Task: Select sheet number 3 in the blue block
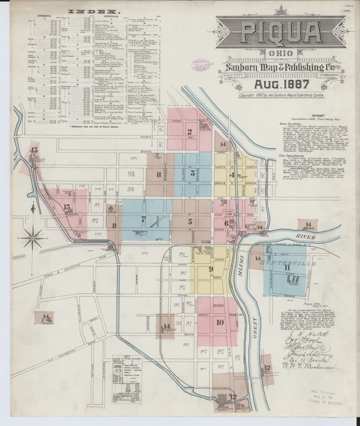(x=192, y=173)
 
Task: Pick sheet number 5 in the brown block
(x=190, y=222)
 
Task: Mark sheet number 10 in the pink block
(x=219, y=322)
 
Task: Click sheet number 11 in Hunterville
(x=287, y=268)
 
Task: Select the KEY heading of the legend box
(x=128, y=357)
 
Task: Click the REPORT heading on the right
(x=316, y=116)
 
